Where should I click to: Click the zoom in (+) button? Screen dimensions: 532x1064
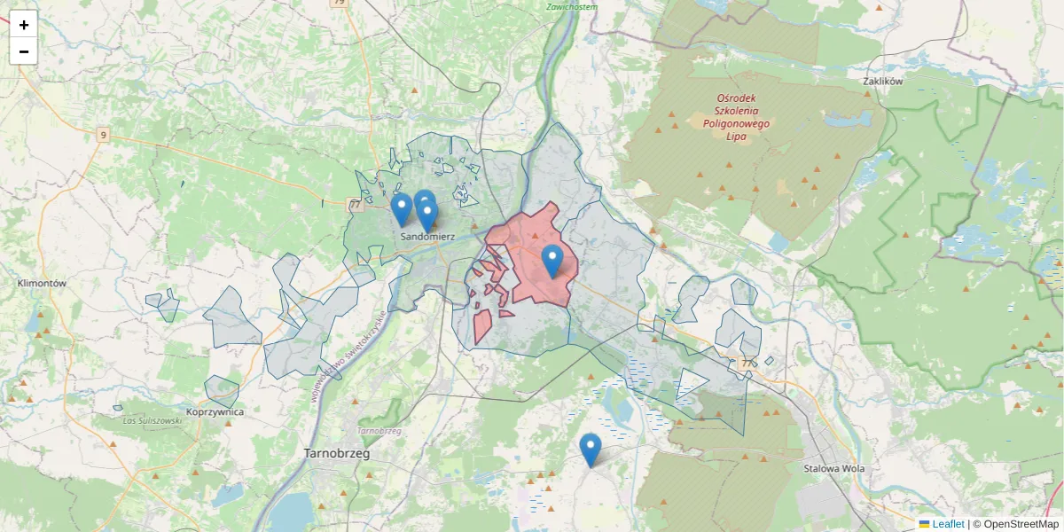pyautogui.click(x=24, y=24)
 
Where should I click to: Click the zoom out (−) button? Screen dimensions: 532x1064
pyautogui.click(x=24, y=51)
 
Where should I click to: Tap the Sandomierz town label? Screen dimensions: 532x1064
pyautogui.click(x=427, y=238)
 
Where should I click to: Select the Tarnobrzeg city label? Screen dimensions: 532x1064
pyautogui.click(x=336, y=453)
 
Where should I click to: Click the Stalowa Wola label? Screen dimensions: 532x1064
pyautogui.click(x=833, y=468)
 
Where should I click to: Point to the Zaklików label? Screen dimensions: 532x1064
pyautogui.click(x=881, y=81)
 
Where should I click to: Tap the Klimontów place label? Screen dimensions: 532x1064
pyautogui.click(x=42, y=284)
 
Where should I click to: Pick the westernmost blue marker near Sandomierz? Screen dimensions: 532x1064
pyautogui.click(x=401, y=209)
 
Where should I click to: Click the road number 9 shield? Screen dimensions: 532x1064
pyautogui.click(x=104, y=135)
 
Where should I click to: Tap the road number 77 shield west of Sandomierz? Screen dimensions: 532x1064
pyautogui.click(x=356, y=205)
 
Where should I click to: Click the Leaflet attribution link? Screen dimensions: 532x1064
pyautogui.click(x=947, y=524)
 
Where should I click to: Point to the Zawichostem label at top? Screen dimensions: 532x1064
pyautogui.click(x=572, y=6)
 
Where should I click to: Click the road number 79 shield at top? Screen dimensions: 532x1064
pyautogui.click(x=338, y=3)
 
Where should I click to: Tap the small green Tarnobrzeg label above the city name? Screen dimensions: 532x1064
pyautogui.click(x=379, y=431)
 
